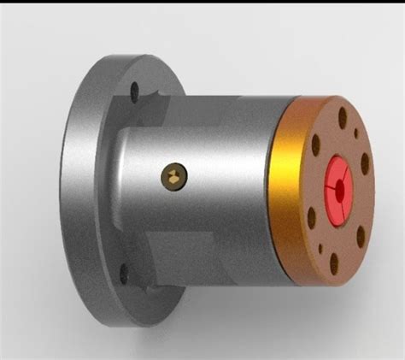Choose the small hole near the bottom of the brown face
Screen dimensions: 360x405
322,250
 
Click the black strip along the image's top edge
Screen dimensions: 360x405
202,2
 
